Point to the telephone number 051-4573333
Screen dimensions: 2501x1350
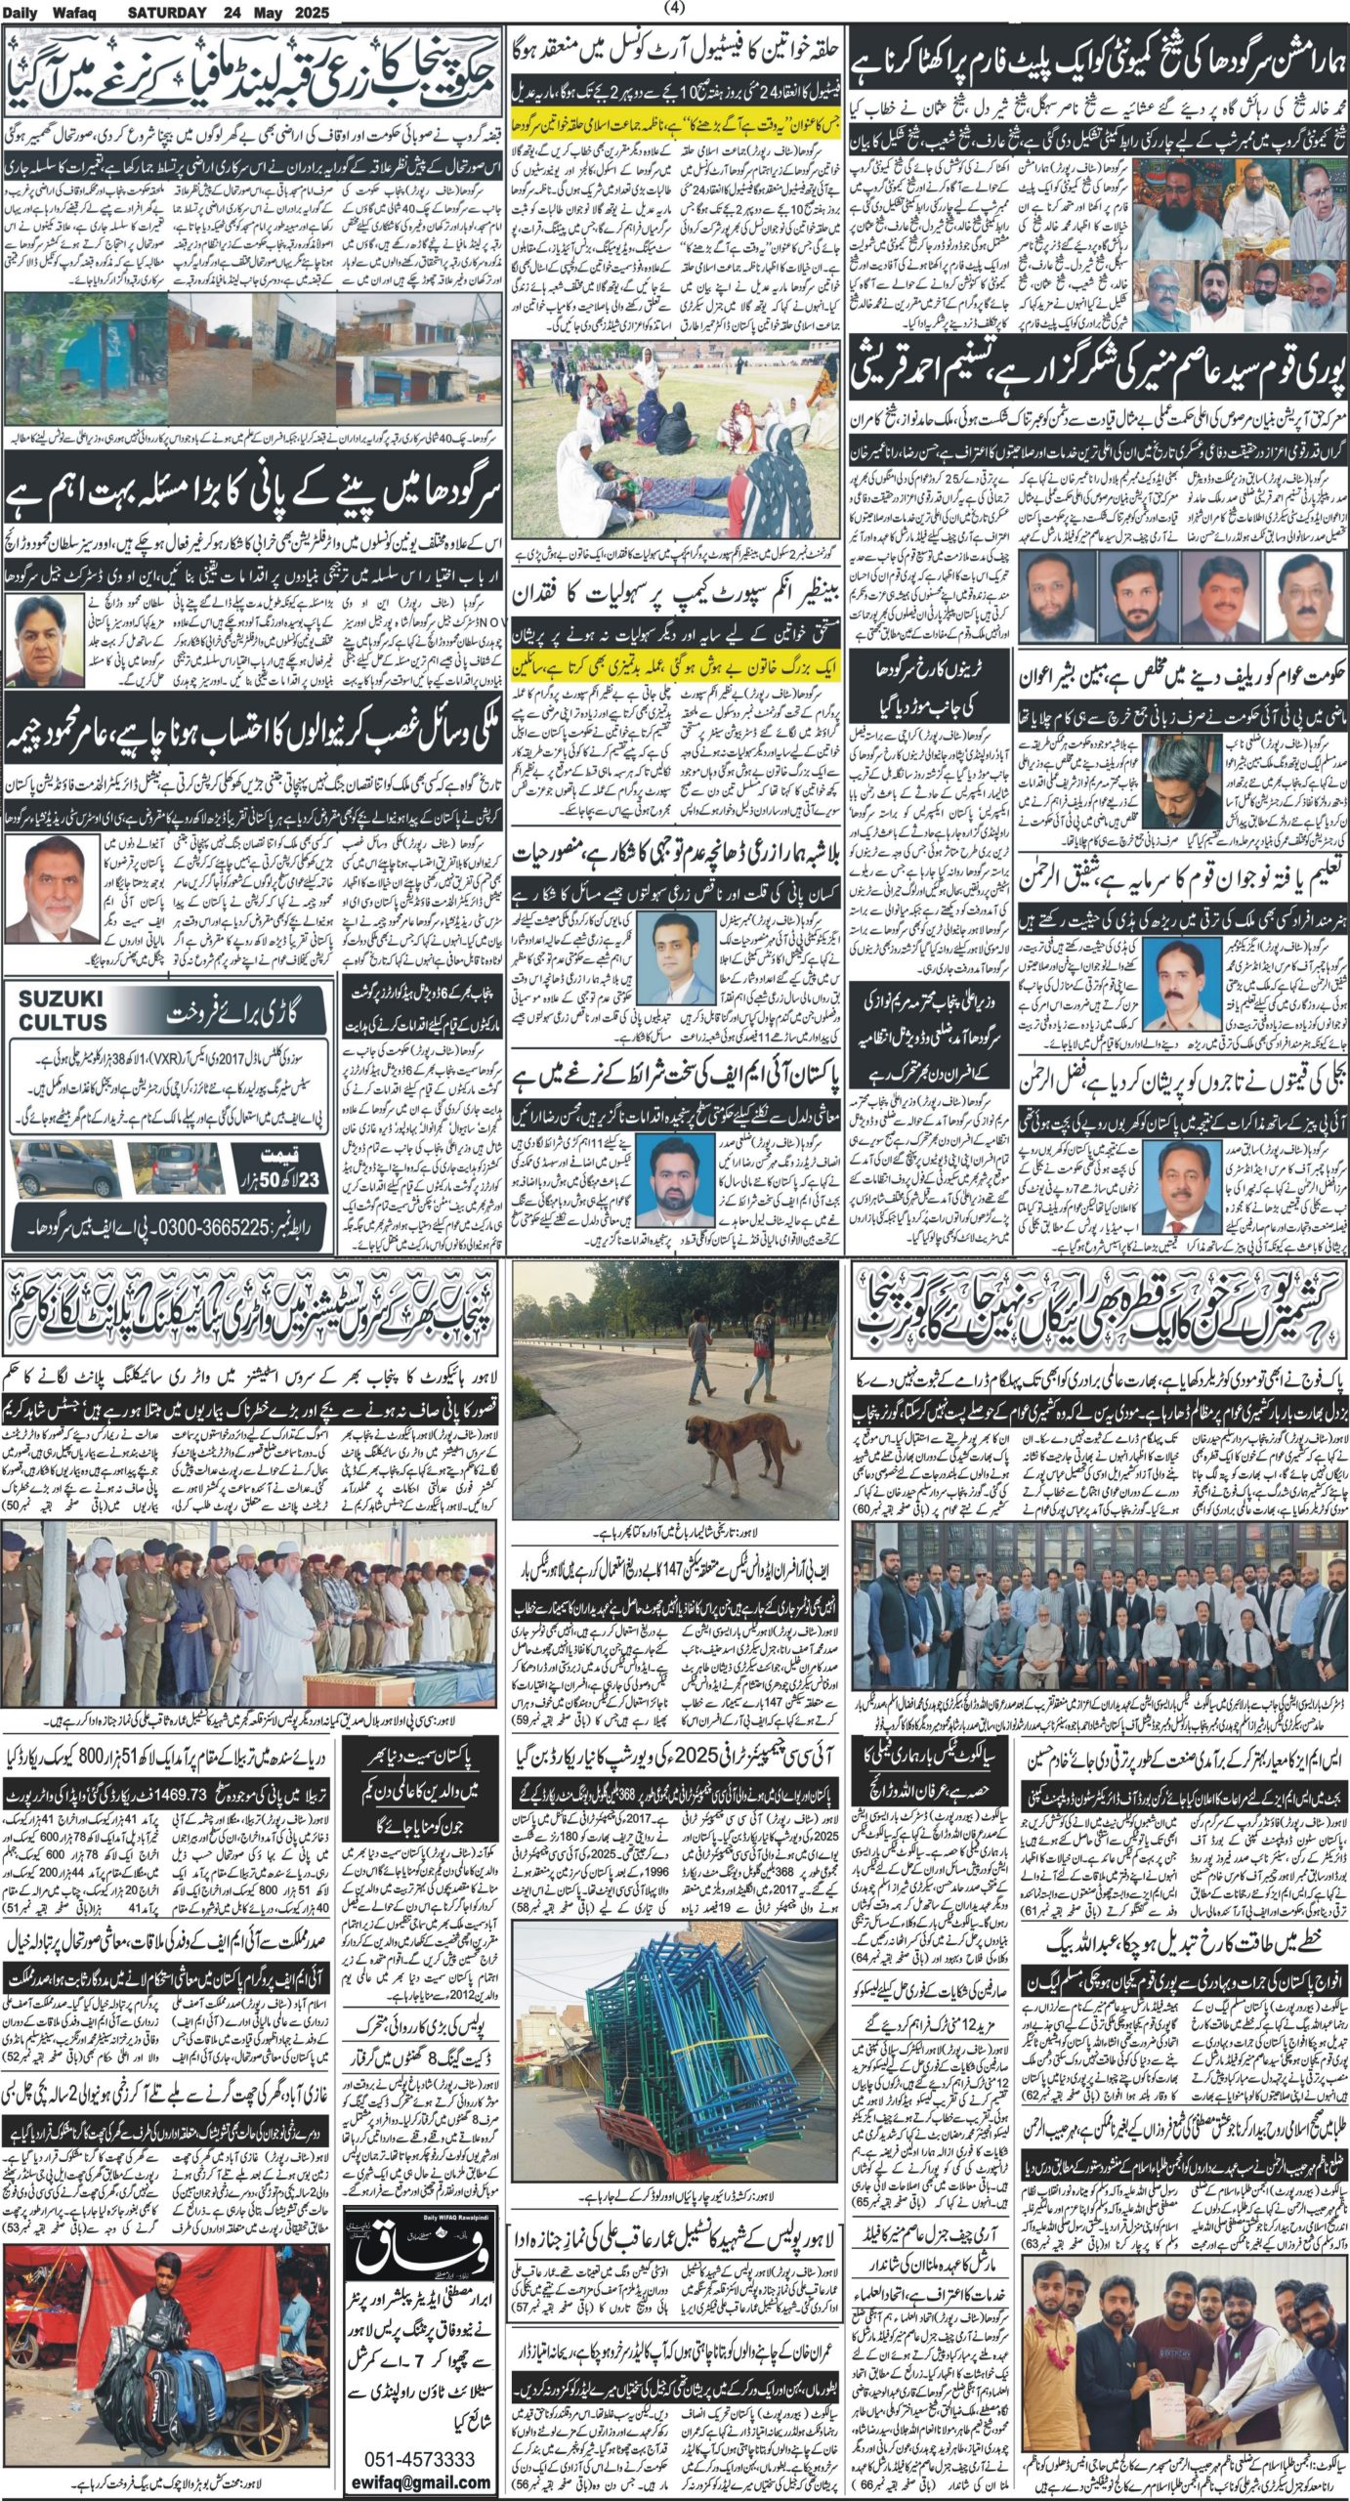point(420,2451)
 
